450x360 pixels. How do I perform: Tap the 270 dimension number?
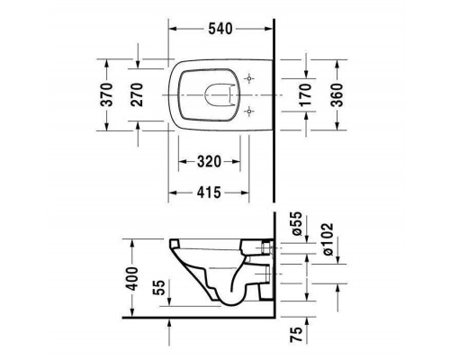coord(138,94)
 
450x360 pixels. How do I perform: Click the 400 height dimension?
coord(132,274)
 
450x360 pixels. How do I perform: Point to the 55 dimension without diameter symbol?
coord(159,290)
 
